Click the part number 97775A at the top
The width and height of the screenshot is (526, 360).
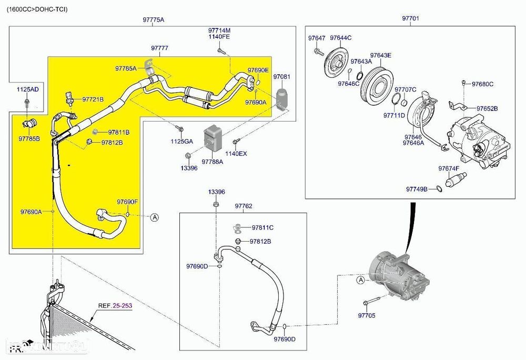pyautogui.click(x=154, y=20)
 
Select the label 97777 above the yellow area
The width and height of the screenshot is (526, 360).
pyautogui.click(x=159, y=48)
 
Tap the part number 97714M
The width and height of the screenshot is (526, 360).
pyautogui.click(x=219, y=31)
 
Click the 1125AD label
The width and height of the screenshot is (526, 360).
pyautogui.click(x=27, y=89)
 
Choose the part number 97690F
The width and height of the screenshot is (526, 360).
pyautogui.click(x=127, y=202)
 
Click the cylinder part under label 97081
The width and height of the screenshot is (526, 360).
pyautogui.click(x=282, y=98)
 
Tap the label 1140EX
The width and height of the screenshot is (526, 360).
pyautogui.click(x=236, y=154)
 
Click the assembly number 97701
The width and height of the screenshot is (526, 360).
pyautogui.click(x=411, y=18)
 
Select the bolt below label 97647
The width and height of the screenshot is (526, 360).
pyautogui.click(x=318, y=51)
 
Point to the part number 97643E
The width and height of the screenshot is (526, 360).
pyautogui.click(x=380, y=55)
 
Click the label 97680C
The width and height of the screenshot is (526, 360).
pyautogui.click(x=482, y=84)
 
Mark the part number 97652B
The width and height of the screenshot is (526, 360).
pyautogui.click(x=487, y=108)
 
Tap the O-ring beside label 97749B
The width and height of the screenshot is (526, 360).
pyautogui.click(x=439, y=188)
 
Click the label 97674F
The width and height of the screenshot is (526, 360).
pyautogui.click(x=449, y=168)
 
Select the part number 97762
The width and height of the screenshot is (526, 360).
pyautogui.click(x=244, y=206)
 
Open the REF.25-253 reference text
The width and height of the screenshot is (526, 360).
pyautogui.click(x=115, y=306)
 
